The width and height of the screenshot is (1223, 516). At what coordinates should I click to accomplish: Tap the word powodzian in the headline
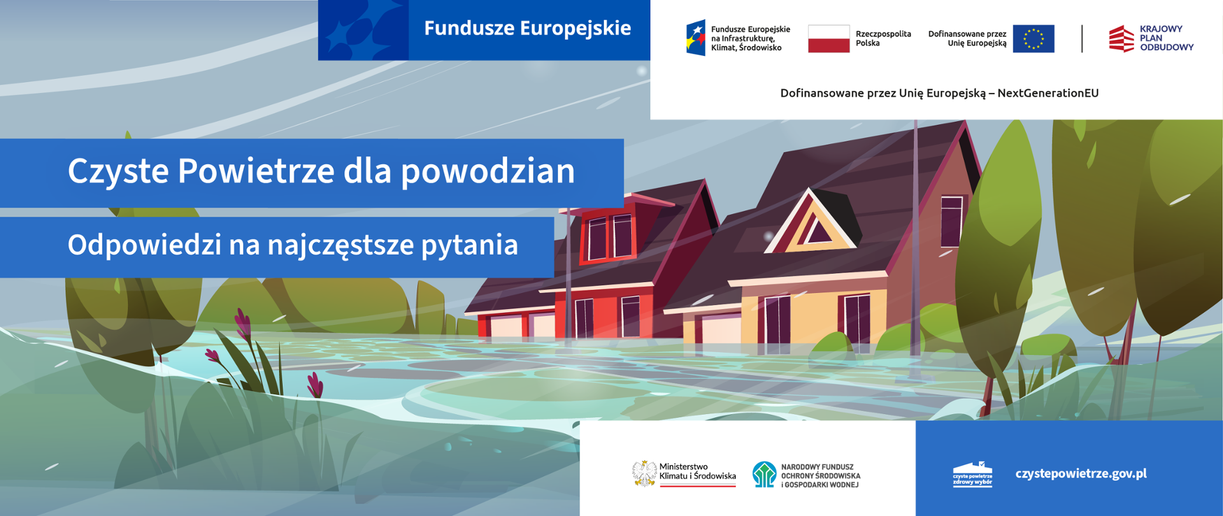[488, 171]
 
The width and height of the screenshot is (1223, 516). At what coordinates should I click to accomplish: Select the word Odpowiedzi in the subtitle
[144, 245]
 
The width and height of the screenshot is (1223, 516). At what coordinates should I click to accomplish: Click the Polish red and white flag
[828, 39]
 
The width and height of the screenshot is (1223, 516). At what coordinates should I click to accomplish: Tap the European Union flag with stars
[1033, 39]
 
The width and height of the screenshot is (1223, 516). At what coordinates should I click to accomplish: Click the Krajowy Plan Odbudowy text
[1166, 38]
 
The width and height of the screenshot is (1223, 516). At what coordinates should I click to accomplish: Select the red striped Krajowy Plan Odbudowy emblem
[1121, 39]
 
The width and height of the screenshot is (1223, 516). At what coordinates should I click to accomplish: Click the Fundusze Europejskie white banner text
[527, 28]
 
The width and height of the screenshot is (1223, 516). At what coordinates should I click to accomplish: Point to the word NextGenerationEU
[1048, 93]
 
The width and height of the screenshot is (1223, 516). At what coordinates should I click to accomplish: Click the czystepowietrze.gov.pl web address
[1080, 473]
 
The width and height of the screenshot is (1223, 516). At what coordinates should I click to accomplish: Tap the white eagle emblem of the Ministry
[645, 473]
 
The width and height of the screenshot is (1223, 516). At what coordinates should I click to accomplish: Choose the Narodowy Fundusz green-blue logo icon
[764, 475]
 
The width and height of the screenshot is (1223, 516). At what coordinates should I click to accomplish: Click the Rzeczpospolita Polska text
[883, 38]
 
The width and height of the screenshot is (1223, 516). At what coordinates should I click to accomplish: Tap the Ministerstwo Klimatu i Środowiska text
[697, 471]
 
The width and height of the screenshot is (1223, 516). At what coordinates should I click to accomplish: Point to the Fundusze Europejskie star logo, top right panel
[696, 38]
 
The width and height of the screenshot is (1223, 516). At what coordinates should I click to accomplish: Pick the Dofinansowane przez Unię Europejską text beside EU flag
[967, 38]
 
